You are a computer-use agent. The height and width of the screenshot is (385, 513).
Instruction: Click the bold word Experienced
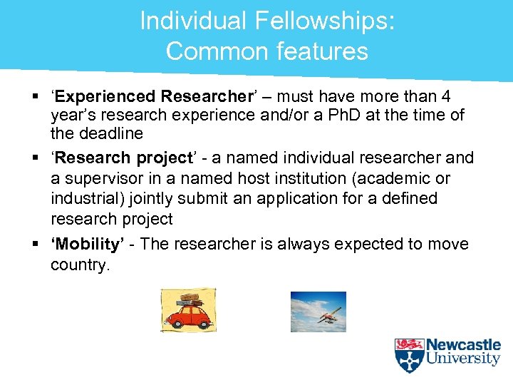106,96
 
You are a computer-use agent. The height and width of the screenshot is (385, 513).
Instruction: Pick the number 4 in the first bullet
445,96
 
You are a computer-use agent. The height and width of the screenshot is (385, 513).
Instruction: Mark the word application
302,197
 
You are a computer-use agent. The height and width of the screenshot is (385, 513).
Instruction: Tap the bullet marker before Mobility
35,245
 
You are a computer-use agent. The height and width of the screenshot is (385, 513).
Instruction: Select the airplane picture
318,312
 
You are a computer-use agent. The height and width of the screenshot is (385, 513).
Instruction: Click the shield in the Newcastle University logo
409,355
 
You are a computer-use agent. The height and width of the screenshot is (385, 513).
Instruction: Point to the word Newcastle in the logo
463,345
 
